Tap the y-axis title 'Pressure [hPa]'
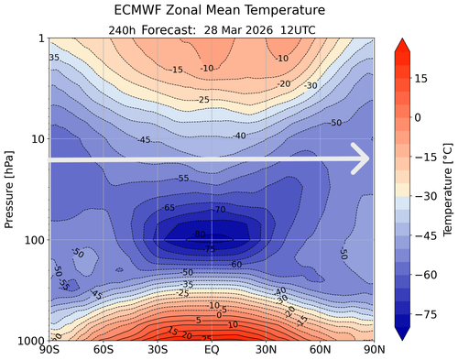pos(10,189)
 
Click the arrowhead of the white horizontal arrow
pos(362,158)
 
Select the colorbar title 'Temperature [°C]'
pos(448,189)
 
